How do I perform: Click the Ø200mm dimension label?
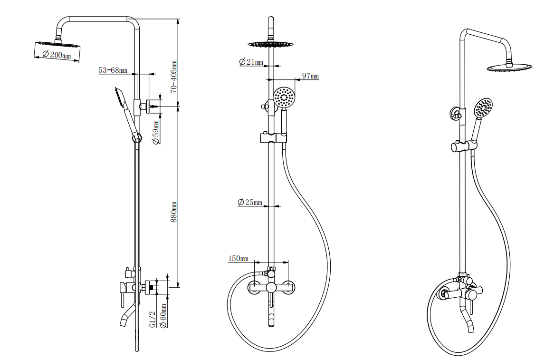click(x=57, y=55)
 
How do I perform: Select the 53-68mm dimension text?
click(x=113, y=70)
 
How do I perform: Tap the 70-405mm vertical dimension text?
click(x=174, y=76)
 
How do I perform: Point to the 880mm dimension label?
click(x=174, y=212)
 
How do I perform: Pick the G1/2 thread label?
click(x=153, y=319)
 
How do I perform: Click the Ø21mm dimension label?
click(x=251, y=62)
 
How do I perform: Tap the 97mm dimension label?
click(x=310, y=76)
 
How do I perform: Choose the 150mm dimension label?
click(x=239, y=259)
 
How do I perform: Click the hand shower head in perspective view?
click(x=484, y=108)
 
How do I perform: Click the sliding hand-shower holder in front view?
click(x=273, y=138)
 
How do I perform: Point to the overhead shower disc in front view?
click(x=271, y=44)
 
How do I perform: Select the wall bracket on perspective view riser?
click(x=457, y=114)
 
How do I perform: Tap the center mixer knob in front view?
click(x=271, y=287)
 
